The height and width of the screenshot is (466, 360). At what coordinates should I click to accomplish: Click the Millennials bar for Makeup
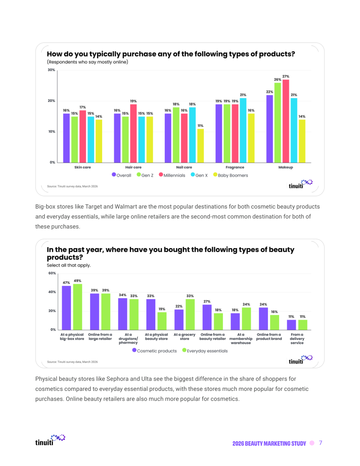point(286,121)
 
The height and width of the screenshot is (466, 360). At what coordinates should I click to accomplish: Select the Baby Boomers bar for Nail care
point(201,146)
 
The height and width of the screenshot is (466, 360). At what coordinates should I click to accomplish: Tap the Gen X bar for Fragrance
point(243,130)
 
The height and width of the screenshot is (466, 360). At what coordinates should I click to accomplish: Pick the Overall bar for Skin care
point(66,138)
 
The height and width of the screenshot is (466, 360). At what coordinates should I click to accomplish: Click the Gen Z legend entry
point(145,175)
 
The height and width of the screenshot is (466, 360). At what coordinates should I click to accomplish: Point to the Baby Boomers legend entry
point(231,175)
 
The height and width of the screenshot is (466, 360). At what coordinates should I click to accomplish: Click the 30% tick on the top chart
point(51,70)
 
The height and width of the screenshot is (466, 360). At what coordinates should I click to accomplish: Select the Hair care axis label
point(133,167)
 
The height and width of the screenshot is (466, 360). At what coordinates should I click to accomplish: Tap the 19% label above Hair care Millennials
point(133,101)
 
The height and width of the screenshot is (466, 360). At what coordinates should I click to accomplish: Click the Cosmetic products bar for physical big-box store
point(66,308)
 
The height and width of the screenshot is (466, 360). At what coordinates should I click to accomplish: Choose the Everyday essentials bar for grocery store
point(190,315)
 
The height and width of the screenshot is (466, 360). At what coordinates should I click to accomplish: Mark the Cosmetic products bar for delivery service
point(292,325)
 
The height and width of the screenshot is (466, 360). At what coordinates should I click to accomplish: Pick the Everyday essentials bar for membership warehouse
point(247,318)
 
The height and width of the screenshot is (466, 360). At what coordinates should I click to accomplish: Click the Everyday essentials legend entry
point(205,351)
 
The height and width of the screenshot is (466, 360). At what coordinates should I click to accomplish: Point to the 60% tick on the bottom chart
point(52,273)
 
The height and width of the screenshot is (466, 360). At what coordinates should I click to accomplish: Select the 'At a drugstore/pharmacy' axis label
point(128,338)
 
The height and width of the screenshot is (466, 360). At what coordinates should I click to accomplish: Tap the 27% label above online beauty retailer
point(207,301)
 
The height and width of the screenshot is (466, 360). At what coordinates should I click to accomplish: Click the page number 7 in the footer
point(320,443)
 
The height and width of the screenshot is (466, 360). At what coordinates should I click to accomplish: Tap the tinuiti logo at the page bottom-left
point(50,440)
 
